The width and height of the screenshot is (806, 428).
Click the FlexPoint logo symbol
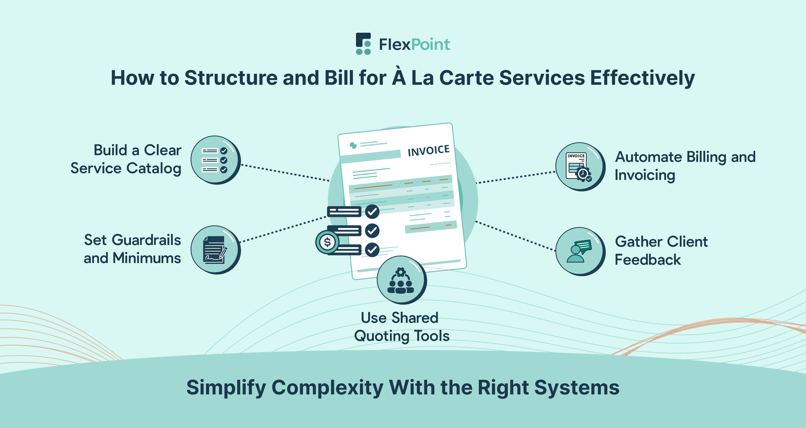click(363, 44)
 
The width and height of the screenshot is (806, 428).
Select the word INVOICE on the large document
click(428, 150)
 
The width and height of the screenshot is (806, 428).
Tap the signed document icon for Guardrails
click(215, 250)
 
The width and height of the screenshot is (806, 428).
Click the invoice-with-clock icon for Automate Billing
click(579, 166)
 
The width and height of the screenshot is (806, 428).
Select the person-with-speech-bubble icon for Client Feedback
click(579, 251)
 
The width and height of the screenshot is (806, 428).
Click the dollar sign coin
click(327, 242)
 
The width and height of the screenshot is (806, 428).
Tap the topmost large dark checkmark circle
click(372, 212)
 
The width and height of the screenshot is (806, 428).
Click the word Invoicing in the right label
click(645, 175)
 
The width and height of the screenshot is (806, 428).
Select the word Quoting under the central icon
click(381, 336)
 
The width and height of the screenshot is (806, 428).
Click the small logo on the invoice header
click(353, 145)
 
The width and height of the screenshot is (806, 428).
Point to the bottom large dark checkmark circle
click(372, 250)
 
